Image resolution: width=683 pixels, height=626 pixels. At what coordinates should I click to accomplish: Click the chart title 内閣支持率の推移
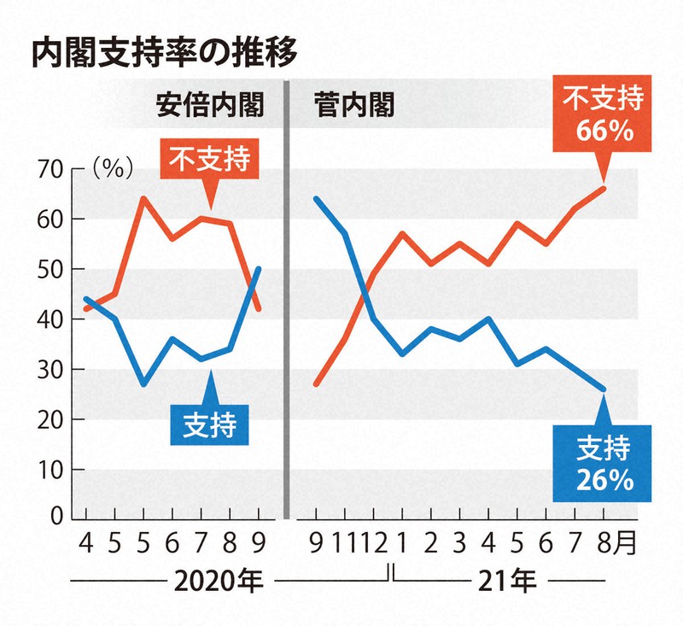click(163, 53)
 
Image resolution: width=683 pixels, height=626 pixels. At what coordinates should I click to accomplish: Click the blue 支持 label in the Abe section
click(209, 420)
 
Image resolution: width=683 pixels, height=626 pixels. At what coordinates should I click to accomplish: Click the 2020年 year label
click(219, 583)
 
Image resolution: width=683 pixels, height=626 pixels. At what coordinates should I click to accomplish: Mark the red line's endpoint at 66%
click(604, 189)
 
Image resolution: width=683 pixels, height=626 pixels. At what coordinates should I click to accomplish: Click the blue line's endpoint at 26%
click(604, 389)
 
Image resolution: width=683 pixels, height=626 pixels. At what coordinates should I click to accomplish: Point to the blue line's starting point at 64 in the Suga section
click(317, 198)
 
